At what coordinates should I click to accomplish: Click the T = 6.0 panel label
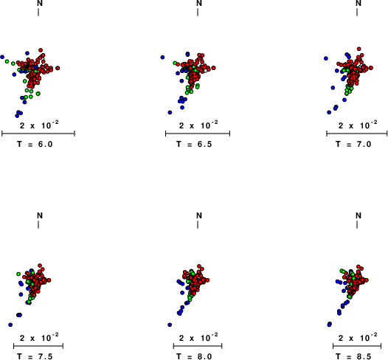tap(35, 144)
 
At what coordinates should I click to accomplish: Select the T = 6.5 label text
tap(194, 144)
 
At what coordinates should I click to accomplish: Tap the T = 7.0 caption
tap(353, 144)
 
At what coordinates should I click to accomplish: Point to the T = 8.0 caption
tap(194, 356)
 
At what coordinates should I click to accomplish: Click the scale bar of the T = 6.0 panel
tap(38, 134)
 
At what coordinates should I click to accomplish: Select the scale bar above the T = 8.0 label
tap(198, 346)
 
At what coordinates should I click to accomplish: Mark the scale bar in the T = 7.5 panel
tap(38, 346)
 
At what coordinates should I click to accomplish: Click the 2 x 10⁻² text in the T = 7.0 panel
tap(358, 125)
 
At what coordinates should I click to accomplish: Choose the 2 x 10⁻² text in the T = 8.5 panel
tap(358, 337)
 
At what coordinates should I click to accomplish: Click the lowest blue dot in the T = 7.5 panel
tap(10, 325)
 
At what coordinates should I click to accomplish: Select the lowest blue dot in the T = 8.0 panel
tap(170, 325)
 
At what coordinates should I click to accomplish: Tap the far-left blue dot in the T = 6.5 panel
tap(162, 57)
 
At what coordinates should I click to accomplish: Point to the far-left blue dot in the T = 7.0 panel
tap(326, 58)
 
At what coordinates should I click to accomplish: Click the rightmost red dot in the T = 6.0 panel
tap(58, 68)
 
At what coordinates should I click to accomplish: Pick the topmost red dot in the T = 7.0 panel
tap(358, 49)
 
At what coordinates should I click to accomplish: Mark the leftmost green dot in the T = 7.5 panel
tap(18, 274)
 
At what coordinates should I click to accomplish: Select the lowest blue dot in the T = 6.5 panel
tap(170, 112)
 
